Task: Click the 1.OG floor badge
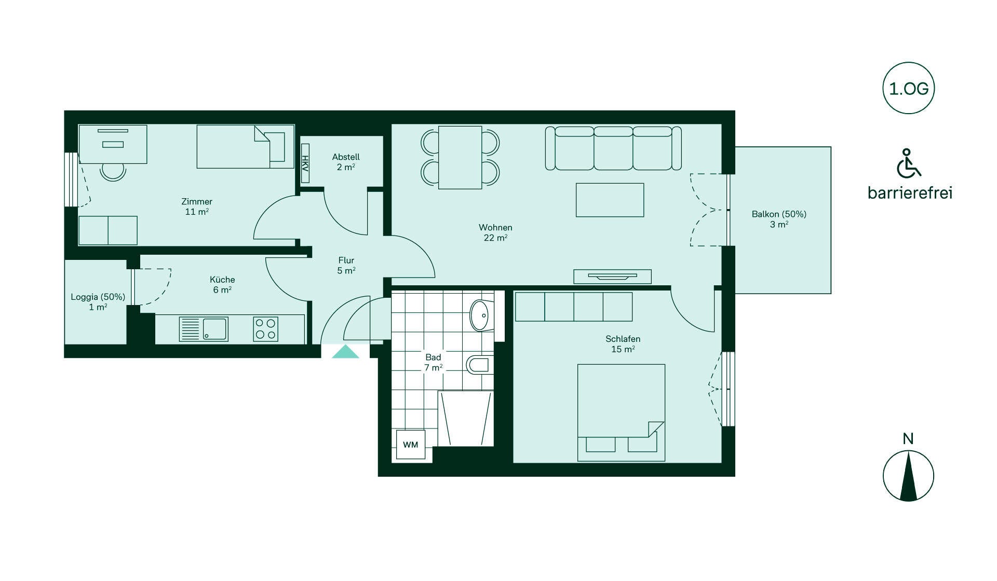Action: (x=908, y=89)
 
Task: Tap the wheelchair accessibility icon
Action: (x=908, y=163)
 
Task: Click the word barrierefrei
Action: (x=910, y=193)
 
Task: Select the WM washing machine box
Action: (x=411, y=445)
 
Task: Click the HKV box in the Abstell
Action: (x=305, y=162)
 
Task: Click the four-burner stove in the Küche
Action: (x=265, y=329)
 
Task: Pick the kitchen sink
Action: (x=204, y=329)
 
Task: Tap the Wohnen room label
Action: (x=495, y=232)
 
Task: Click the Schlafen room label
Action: (x=623, y=344)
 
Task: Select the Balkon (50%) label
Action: (x=779, y=219)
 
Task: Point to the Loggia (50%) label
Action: (x=98, y=302)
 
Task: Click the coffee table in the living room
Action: (x=610, y=200)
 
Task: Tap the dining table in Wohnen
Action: (x=460, y=157)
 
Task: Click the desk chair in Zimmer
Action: (x=113, y=171)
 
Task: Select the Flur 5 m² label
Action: (x=346, y=265)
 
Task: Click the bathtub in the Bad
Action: (x=465, y=419)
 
